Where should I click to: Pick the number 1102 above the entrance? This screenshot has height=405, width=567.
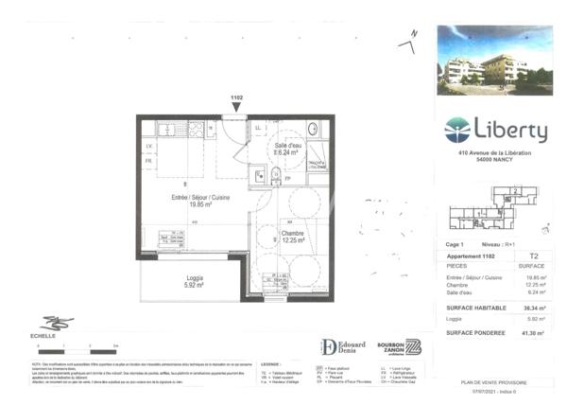236,98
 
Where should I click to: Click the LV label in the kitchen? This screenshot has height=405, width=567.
148,146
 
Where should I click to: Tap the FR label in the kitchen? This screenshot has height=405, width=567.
148,161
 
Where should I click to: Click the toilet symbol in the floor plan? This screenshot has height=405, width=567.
276,175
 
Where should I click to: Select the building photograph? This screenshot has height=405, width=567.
494,60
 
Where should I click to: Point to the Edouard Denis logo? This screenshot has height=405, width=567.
342,347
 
